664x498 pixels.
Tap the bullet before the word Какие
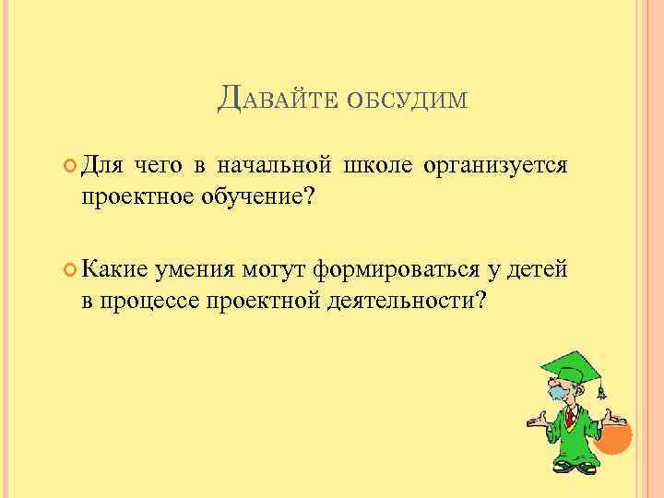pos(70,269)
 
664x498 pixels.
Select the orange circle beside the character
pos(612,433)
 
